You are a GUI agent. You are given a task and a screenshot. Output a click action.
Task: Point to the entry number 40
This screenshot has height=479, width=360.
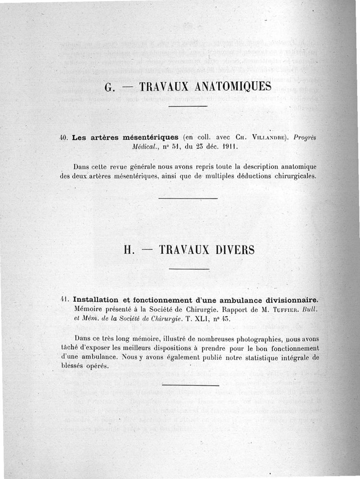pos(63,138)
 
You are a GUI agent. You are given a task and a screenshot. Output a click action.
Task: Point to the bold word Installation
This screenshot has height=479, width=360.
pos(95,300)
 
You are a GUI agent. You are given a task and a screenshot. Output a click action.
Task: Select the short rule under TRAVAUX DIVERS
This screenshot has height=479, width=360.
pos(191,269)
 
